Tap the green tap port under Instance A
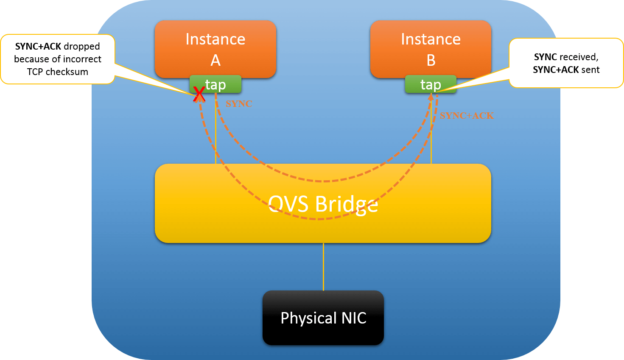(x=215, y=84)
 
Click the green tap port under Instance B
(x=431, y=84)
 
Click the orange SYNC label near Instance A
(x=239, y=104)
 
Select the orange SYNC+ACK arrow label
(x=467, y=116)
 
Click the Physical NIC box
(x=323, y=318)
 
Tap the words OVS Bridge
(x=323, y=204)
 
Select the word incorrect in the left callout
(x=82, y=59)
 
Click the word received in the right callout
(x=579, y=57)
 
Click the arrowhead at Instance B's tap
(x=431, y=97)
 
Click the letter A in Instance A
(x=215, y=61)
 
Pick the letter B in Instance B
(x=431, y=61)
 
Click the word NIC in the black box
(x=353, y=318)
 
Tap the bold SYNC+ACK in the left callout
(x=38, y=46)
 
